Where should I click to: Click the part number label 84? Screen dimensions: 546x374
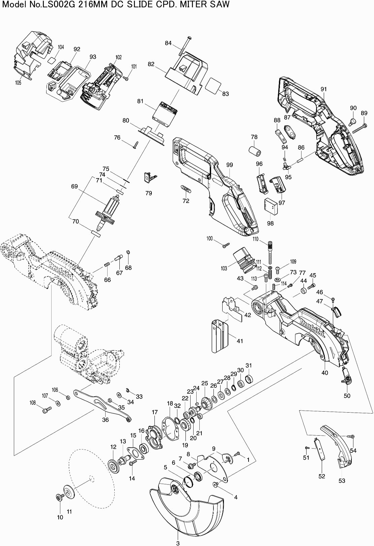(168, 43)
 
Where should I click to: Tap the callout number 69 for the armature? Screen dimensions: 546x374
(75, 186)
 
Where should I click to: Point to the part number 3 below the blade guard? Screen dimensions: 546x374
(178, 543)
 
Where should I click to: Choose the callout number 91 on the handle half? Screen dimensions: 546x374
(324, 89)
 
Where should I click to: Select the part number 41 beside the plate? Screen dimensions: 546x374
(240, 341)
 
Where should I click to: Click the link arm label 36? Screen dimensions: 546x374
(106, 420)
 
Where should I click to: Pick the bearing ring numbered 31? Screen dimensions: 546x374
(249, 378)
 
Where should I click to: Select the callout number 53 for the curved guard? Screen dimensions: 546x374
(342, 480)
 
